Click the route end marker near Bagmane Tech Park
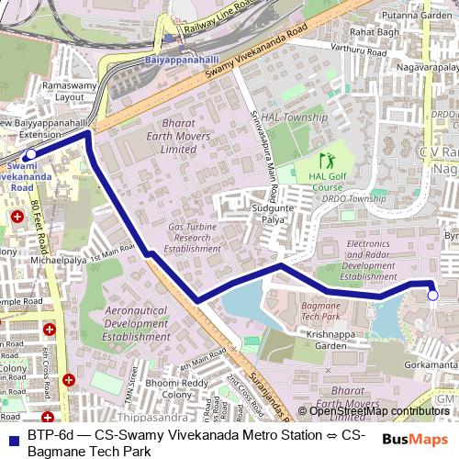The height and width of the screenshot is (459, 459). [x=432, y=295]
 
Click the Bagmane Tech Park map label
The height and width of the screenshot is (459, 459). [x=320, y=309]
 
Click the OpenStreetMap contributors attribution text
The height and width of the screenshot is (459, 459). [x=378, y=411]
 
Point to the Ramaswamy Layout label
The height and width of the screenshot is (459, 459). [x=56, y=90]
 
